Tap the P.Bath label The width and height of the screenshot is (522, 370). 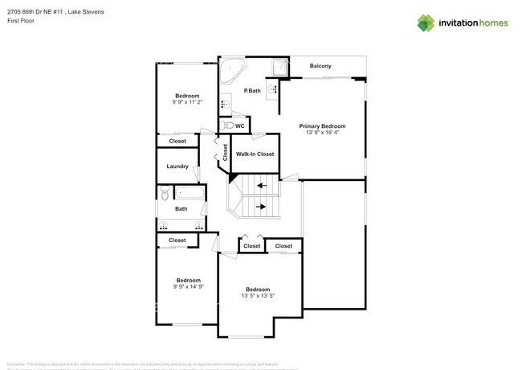pos(253,91)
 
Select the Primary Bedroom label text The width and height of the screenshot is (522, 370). pos(322,126)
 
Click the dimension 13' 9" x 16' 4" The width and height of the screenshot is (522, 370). pos(322,133)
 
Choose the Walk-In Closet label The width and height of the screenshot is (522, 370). pos(255,154)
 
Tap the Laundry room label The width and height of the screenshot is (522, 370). pos(177,166)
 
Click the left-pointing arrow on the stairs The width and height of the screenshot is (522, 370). pos(261,185)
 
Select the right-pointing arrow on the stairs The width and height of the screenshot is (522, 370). pos(261,206)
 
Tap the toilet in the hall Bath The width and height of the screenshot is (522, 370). pos(164,193)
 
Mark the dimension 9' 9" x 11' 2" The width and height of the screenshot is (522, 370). pos(187,102)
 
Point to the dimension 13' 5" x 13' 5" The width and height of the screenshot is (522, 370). pos(258,296)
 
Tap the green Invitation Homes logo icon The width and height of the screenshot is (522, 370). pos(426,23)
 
